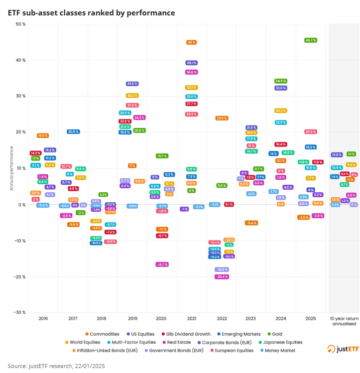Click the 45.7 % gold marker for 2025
tap(311, 40)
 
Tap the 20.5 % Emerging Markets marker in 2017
tap(73, 131)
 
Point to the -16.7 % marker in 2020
tap(162, 264)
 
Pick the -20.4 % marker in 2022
tap(222, 276)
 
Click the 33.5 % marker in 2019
tap(132, 84)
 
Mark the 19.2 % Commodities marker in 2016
tap(43, 135)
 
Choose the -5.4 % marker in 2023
tap(251, 223)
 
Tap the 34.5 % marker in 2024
tap(281, 81)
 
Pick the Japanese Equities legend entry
tap(282, 342)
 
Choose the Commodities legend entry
tap(104, 334)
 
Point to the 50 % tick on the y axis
tap(20, 24)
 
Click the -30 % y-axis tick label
tap(19, 312)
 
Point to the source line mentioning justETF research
tap(56, 366)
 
